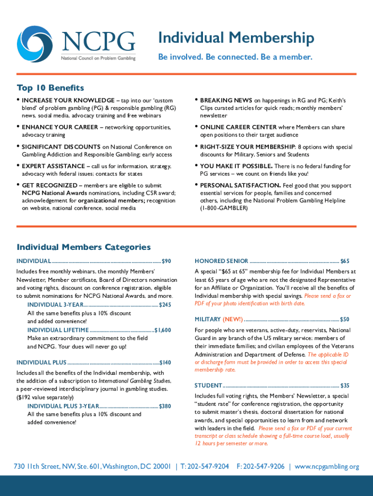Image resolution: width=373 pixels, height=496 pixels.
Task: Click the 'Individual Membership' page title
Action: [236, 38]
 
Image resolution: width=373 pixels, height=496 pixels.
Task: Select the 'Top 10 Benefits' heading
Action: [50, 88]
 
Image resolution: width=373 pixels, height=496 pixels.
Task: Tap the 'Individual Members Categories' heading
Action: [83, 247]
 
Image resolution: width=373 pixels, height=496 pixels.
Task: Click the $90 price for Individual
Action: [166, 261]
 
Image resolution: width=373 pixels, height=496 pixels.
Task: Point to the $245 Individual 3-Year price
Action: [165, 305]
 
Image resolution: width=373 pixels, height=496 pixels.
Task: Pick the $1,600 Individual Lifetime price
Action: [163, 330]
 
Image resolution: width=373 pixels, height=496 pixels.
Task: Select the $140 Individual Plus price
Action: [165, 362]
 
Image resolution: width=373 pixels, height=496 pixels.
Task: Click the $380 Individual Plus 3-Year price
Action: [165, 406]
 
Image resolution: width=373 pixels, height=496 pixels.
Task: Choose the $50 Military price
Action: [344, 319]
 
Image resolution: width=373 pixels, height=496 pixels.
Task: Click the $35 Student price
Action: [344, 386]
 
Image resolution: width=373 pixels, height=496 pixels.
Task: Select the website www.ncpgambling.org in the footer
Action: [326, 466]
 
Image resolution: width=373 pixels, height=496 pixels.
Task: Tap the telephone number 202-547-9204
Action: [208, 466]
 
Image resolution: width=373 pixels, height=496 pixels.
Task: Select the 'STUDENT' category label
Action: [208, 386]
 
